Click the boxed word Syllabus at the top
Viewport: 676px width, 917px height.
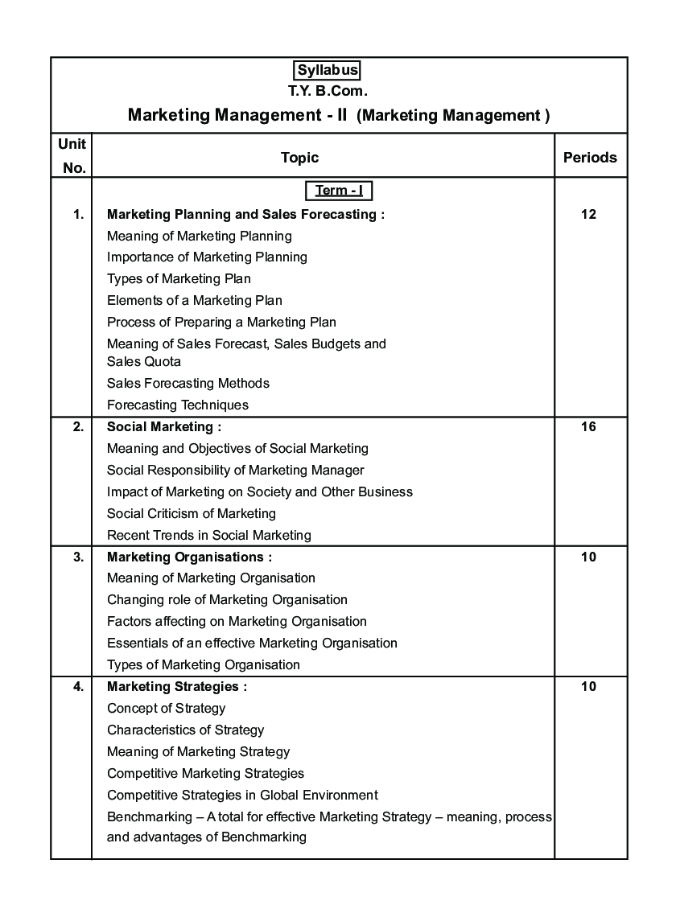click(x=328, y=71)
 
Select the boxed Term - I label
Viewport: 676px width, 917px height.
click(x=339, y=191)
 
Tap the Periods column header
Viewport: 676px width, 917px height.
click(x=590, y=158)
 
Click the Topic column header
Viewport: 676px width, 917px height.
click(x=299, y=158)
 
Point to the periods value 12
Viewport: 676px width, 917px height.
click(x=588, y=215)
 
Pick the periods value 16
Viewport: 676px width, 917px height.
click(x=588, y=427)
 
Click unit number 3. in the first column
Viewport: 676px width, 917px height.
click(x=78, y=557)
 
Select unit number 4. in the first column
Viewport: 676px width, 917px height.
click(x=78, y=687)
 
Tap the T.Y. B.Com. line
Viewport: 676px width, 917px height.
click(x=328, y=92)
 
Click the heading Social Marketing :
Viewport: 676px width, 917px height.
click(x=164, y=427)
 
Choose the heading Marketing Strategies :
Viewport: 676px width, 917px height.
click(x=177, y=687)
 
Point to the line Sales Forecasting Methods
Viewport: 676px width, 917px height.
click(x=188, y=384)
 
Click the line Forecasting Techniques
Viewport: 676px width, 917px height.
click(x=178, y=405)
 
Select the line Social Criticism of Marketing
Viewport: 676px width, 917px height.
click(x=192, y=513)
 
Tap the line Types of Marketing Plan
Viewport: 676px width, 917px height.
click(x=179, y=279)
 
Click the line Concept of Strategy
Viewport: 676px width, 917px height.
click(x=167, y=709)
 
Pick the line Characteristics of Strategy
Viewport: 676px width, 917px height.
click(x=186, y=730)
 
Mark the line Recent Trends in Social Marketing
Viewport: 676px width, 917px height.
click(x=209, y=535)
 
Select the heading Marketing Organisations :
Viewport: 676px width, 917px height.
click(x=190, y=557)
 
